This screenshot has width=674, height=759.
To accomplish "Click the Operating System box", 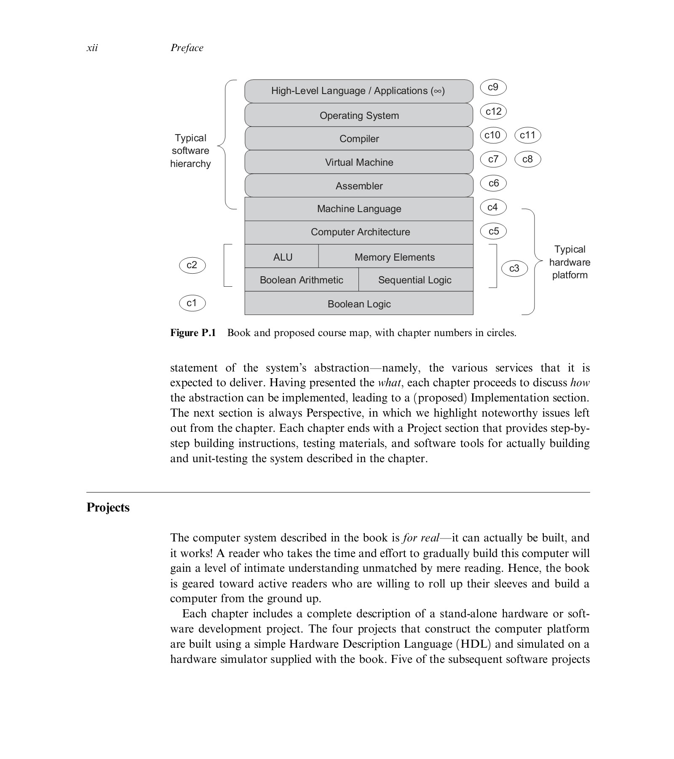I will (359, 115).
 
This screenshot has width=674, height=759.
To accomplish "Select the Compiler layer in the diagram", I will (359, 139).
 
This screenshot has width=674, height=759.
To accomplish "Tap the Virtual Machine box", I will (359, 162).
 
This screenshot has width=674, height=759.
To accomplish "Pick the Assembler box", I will (359, 186).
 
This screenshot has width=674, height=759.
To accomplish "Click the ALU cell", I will (282, 257).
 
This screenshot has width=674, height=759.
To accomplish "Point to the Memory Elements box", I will (395, 257).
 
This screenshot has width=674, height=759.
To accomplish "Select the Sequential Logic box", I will (415, 280).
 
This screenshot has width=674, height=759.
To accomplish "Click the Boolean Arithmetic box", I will (301, 280).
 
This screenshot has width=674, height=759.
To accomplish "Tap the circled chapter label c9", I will (493, 87).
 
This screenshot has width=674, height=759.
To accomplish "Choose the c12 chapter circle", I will (493, 111).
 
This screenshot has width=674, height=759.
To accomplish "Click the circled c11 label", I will (527, 135).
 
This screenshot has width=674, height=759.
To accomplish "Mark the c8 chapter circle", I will (527, 159).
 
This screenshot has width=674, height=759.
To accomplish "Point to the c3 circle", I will (514, 268).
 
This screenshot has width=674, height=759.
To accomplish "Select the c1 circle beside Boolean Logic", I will (192, 303).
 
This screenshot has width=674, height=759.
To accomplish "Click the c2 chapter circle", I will (192, 265).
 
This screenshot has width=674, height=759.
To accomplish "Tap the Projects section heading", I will (108, 507).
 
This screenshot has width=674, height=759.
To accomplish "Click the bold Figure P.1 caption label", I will (193, 333).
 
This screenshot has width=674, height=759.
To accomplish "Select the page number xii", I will (92, 48).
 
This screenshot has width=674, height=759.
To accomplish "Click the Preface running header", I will (187, 48).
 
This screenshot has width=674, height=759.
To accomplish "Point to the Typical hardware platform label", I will (570, 262).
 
